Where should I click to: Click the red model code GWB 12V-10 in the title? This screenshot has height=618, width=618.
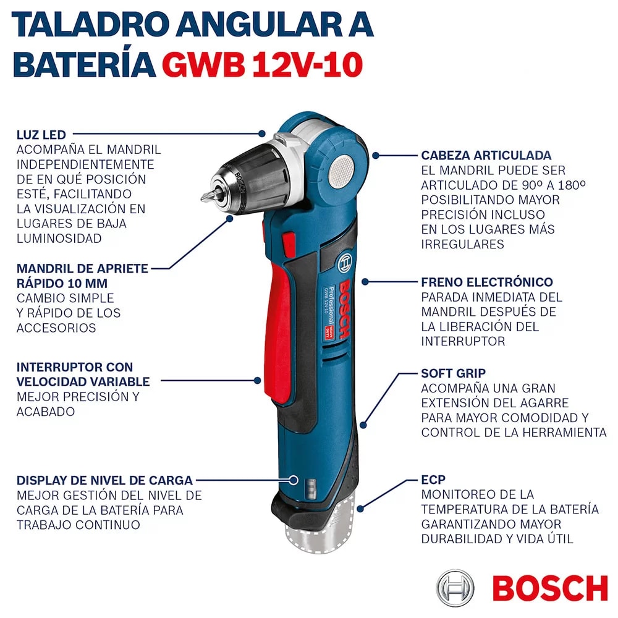tap(262, 65)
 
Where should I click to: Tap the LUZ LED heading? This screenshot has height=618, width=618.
tap(41, 135)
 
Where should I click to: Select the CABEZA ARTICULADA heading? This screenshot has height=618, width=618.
tap(486, 155)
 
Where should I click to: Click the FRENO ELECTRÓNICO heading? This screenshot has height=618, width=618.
tap(487, 282)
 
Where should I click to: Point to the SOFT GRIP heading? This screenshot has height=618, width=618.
tap(453, 373)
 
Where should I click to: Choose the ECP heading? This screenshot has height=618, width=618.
tap(433, 480)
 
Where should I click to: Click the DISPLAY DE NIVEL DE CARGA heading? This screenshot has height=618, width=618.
tap(104, 480)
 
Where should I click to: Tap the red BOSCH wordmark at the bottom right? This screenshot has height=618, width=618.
tap(550, 589)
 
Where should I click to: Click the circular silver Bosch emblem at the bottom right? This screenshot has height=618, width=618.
tap(455, 588)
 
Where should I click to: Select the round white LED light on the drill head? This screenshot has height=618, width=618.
tap(341, 171)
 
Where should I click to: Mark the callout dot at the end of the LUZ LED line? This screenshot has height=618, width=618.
tap(261, 134)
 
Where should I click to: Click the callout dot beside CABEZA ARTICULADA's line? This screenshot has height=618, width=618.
tap(376, 156)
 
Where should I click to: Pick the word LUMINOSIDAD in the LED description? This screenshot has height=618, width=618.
tap(59, 239)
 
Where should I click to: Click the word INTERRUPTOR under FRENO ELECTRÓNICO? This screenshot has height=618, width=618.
tap(463, 341)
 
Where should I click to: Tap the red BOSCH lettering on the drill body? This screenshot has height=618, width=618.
tap(344, 309)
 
